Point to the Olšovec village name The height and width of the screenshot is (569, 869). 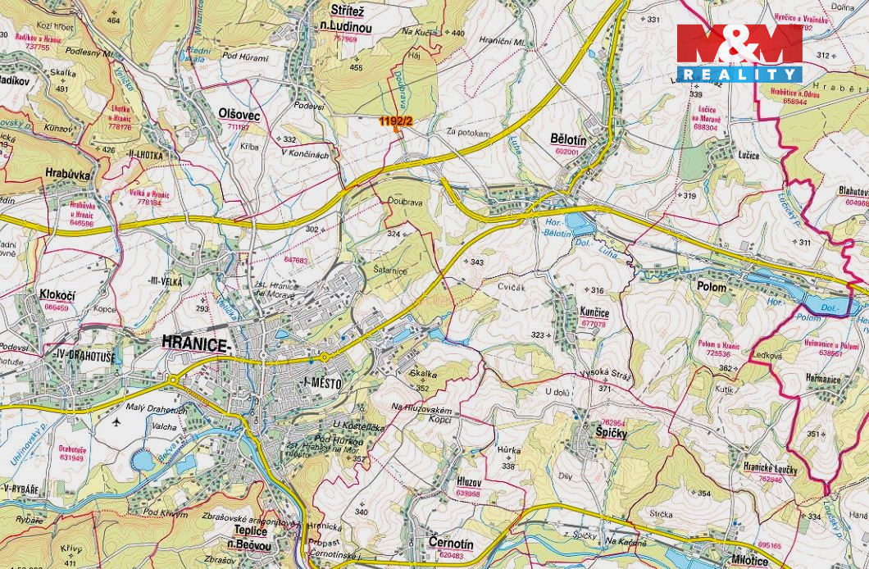pyautogui.click(x=239, y=116)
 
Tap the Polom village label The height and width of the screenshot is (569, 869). pyautogui.click(x=711, y=286)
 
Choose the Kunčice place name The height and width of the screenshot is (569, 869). pyautogui.click(x=593, y=312)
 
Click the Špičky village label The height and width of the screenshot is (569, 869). pyautogui.click(x=611, y=431)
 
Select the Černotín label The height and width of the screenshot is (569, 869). pyautogui.click(x=450, y=544)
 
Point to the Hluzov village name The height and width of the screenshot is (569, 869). pyautogui.click(x=467, y=482)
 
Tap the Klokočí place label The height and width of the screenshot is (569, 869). pyautogui.click(x=57, y=294)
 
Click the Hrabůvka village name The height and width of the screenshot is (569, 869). pyautogui.click(x=68, y=174)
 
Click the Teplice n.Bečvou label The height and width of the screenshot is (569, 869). pyautogui.click(x=245, y=536)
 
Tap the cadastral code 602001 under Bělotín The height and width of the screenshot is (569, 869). pyautogui.click(x=566, y=152)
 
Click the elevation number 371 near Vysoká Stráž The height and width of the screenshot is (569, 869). pyautogui.click(x=604, y=388)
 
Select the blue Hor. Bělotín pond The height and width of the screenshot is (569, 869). pyautogui.click(x=580, y=224)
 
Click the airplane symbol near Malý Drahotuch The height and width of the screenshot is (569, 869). pyautogui.click(x=116, y=422)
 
